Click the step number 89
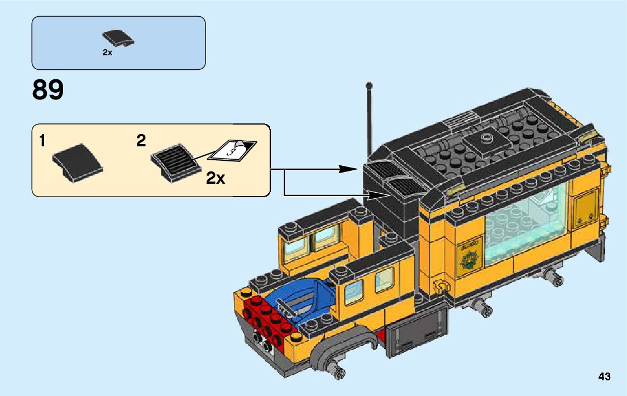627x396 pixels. pyautogui.click(x=48, y=90)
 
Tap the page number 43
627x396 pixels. pyautogui.click(x=604, y=376)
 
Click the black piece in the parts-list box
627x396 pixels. pyautogui.click(x=118, y=39)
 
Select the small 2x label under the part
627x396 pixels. pyautogui.click(x=107, y=53)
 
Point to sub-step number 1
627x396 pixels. pyautogui.click(x=42, y=141)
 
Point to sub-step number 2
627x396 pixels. pyautogui.click(x=141, y=141)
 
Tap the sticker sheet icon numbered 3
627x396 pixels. pyautogui.click(x=234, y=149)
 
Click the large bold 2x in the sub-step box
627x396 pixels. pyautogui.click(x=216, y=178)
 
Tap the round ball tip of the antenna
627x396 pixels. pyautogui.click(x=368, y=85)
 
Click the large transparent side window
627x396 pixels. pyautogui.click(x=525, y=226)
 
